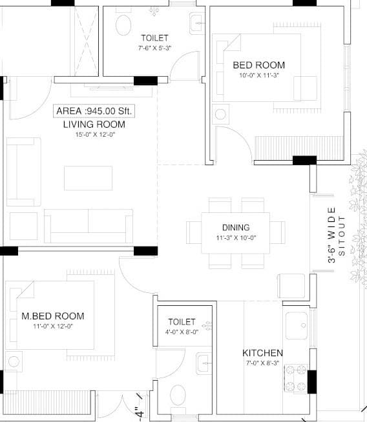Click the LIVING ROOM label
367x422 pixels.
pyautogui.click(x=94, y=124)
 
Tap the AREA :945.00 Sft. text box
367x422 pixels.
pyautogui.click(x=94, y=111)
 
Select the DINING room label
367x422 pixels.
pyautogui.click(x=235, y=227)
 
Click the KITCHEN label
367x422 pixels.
pyautogui.click(x=262, y=353)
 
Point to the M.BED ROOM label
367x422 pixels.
pyautogui.click(x=53, y=316)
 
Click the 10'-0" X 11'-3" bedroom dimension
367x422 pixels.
pyautogui.click(x=258, y=75)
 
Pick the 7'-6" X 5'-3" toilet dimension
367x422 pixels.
pyautogui.click(x=154, y=48)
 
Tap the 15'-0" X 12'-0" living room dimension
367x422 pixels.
pyautogui.click(x=94, y=134)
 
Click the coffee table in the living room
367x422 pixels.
pyautogui.click(x=88, y=178)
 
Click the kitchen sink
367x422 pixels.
pyautogui.click(x=296, y=320)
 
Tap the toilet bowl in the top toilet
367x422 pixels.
pyautogui.click(x=122, y=25)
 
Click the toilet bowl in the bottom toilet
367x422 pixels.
pyautogui.click(x=176, y=394)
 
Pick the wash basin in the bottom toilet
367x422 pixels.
pyautogui.click(x=204, y=363)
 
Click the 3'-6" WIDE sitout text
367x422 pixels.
pyautogui.click(x=331, y=236)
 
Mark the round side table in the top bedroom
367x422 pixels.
pyautogui.click(x=220, y=115)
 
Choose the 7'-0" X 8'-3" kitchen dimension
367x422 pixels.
pyautogui.click(x=262, y=364)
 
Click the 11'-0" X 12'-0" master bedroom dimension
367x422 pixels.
pyautogui.click(x=53, y=327)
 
